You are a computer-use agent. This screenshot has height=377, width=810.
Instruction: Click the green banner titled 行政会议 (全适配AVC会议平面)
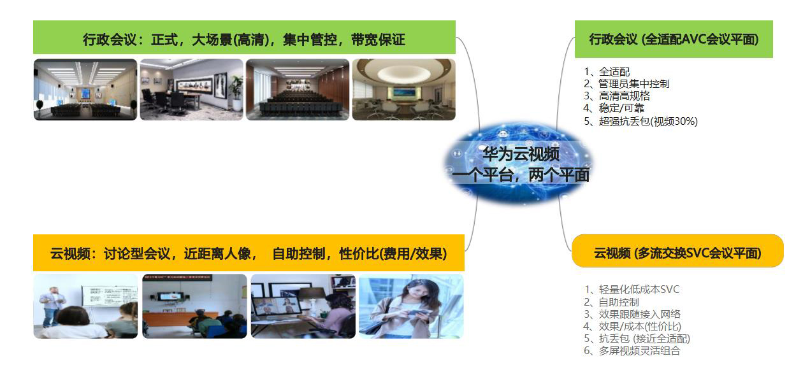click(674, 39)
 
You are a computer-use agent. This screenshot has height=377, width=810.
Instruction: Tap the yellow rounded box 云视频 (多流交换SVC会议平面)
click(677, 251)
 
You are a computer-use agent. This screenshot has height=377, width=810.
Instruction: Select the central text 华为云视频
click(521, 154)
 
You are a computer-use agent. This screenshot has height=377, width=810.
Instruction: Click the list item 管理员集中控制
click(634, 84)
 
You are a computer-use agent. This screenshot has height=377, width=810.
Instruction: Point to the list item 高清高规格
click(624, 96)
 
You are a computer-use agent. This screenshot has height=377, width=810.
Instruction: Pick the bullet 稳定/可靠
click(621, 108)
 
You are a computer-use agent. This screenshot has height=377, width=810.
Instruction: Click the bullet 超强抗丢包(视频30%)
click(648, 122)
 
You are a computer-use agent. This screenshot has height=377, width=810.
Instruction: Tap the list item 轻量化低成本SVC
click(639, 290)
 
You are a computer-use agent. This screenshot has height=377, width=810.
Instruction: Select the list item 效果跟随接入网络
click(639, 314)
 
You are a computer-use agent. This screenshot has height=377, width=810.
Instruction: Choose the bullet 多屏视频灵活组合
click(639, 351)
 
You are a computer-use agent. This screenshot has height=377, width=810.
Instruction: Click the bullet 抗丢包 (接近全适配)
click(644, 339)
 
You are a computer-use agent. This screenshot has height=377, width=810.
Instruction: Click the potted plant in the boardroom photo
click(236, 92)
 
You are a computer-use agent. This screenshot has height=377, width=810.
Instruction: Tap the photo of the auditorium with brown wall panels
click(298, 89)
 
